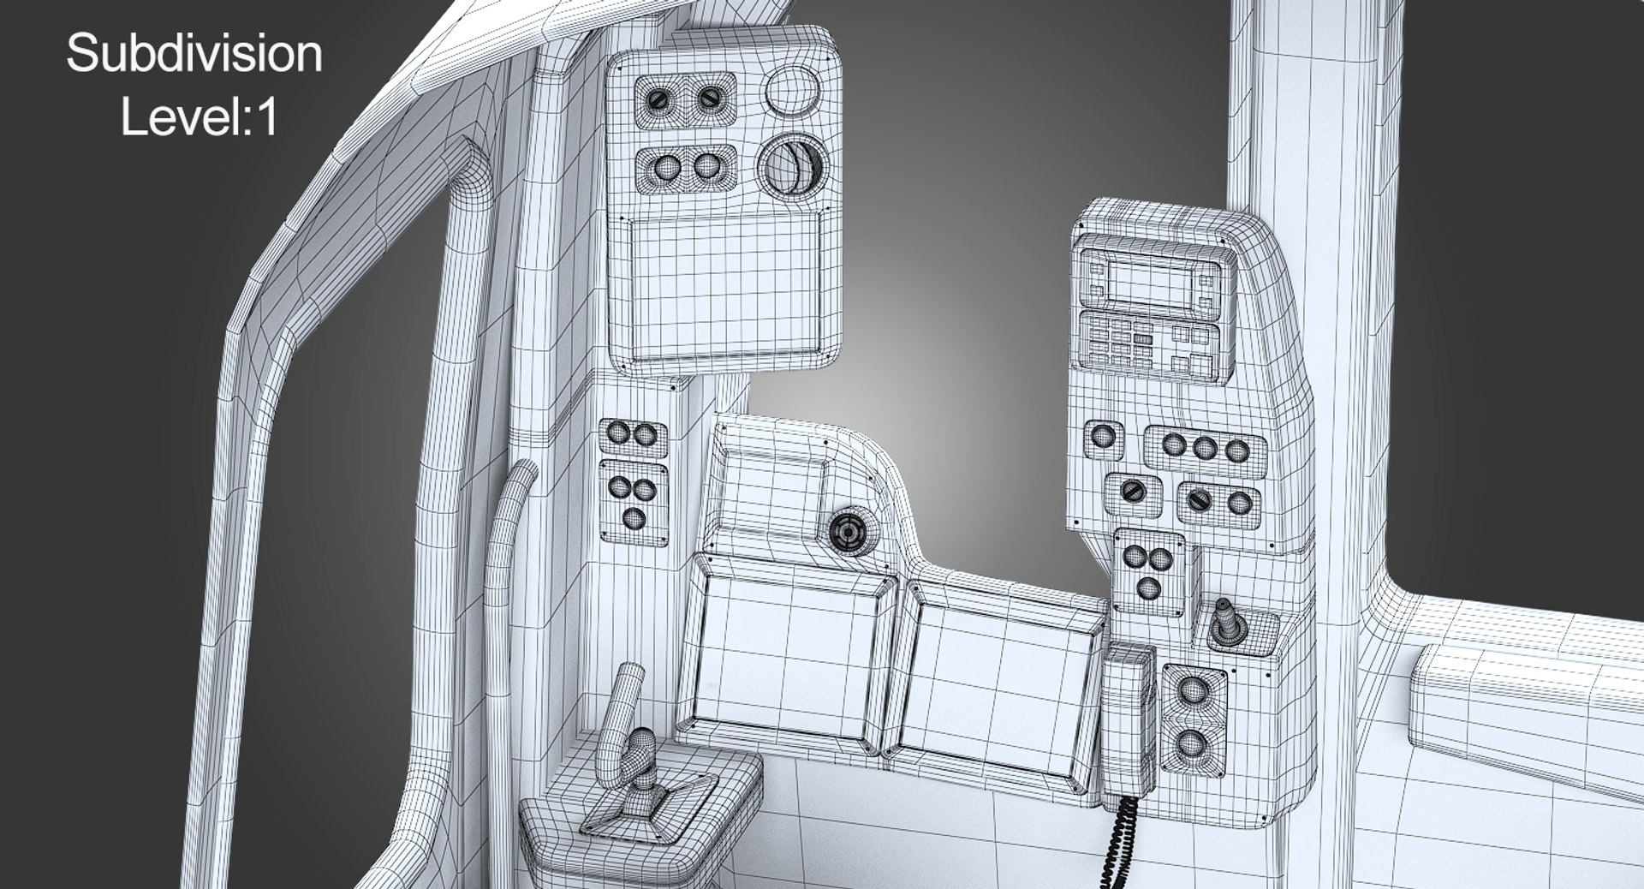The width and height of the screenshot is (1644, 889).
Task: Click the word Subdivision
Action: (x=194, y=55)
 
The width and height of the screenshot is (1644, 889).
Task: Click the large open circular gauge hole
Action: (x=792, y=166)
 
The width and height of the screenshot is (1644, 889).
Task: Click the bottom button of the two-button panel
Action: (x=1190, y=743)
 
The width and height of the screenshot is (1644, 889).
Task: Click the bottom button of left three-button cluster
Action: (x=633, y=518)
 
